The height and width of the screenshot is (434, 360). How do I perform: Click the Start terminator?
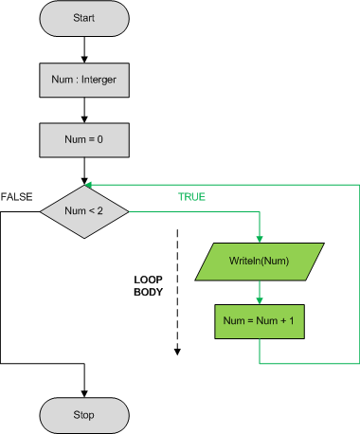[x=85, y=18]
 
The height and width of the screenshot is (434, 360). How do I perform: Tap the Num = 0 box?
[x=85, y=139]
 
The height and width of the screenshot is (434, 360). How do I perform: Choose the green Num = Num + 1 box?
[x=259, y=320]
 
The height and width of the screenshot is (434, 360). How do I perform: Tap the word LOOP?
[x=150, y=280]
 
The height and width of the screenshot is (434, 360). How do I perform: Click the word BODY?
[x=150, y=293]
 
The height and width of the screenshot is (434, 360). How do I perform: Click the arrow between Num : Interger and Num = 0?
[x=85, y=108]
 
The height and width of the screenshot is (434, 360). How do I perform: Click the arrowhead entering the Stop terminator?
[x=85, y=391]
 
